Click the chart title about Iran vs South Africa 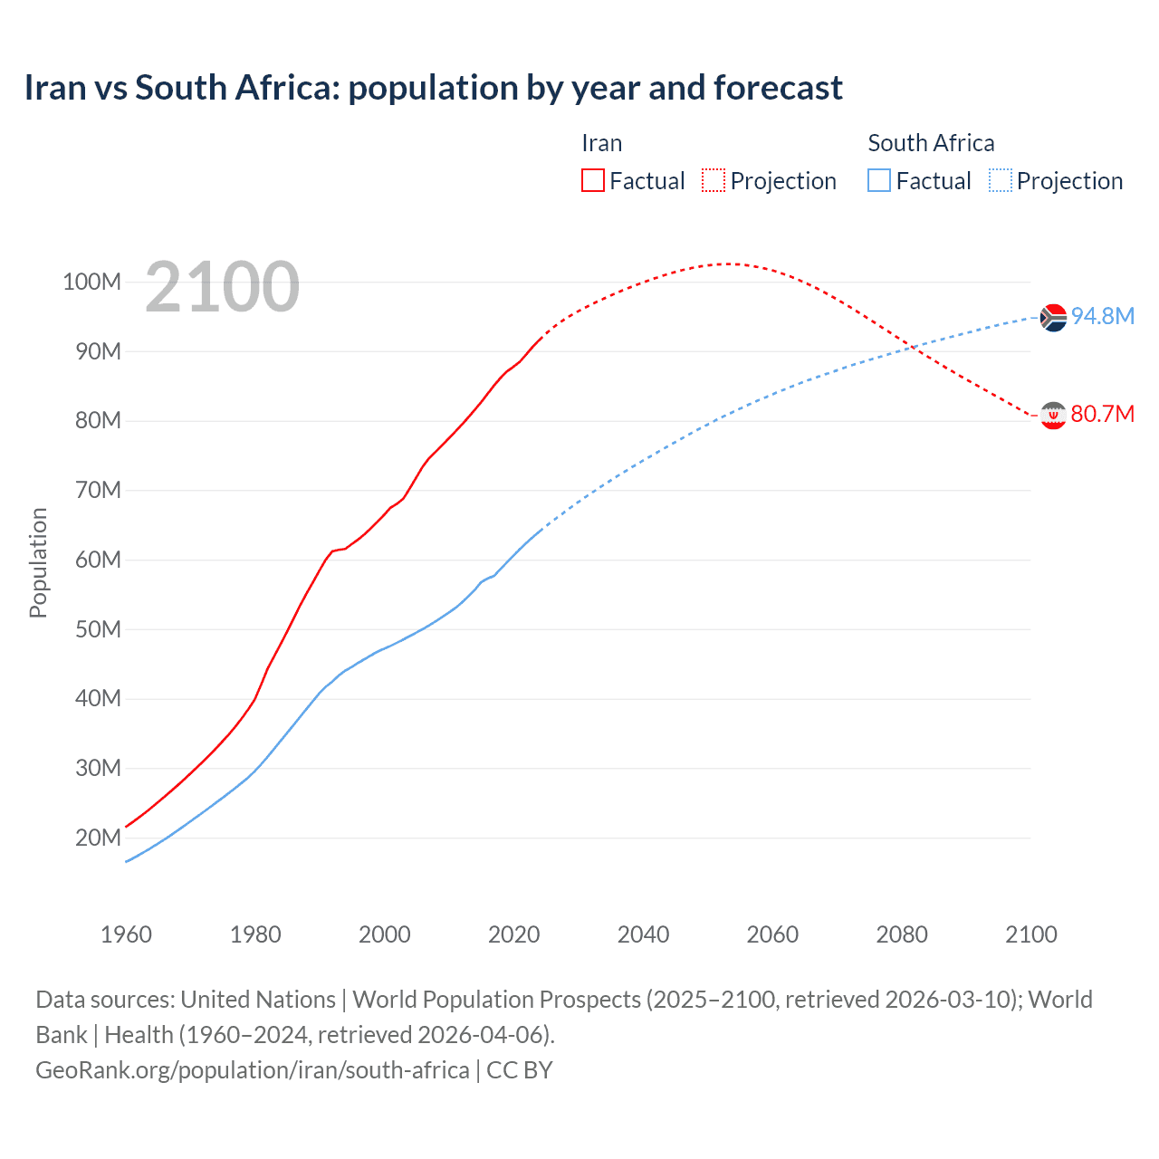pos(433,88)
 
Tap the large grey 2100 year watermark pos(222,287)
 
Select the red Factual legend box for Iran pos(592,180)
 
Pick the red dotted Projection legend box pos(714,180)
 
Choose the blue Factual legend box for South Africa pos(879,180)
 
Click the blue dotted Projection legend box pos(1000,180)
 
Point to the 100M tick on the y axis pos(91,282)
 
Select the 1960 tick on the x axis pos(126,934)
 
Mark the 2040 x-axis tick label pos(643,934)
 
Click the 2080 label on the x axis pos(902,934)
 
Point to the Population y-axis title pos(38,562)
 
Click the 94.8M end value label pos(1102,316)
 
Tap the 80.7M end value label pos(1102,414)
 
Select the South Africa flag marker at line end pos(1053,318)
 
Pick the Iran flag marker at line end pos(1053,416)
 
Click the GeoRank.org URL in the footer pos(252,1070)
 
